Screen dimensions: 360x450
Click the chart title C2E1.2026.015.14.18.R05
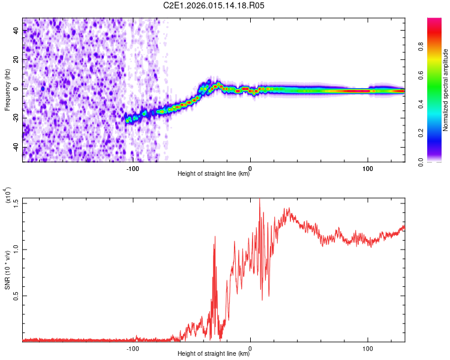click(214, 5)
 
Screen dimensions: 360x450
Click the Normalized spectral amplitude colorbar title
click(446, 90)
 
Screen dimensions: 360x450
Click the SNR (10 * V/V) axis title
click(8, 270)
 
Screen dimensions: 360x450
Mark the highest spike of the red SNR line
click(259, 199)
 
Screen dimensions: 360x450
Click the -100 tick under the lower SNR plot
click(133, 347)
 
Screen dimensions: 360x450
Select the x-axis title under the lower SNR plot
click(214, 354)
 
